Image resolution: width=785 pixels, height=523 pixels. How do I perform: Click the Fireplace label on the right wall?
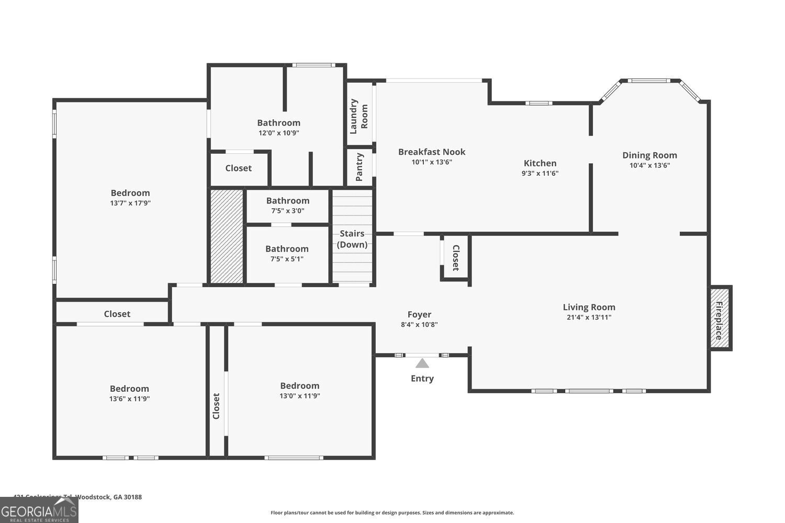point(720,320)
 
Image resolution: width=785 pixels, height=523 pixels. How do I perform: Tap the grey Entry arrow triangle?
point(422,363)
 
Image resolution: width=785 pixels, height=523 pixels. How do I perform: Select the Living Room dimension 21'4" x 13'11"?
point(589,317)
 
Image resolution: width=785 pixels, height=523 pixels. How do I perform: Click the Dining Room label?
point(649,155)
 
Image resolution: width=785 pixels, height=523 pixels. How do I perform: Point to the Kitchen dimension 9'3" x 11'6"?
point(540,173)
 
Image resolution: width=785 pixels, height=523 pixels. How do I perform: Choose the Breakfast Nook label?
point(432,152)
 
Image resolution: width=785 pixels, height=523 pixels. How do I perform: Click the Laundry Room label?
point(359,116)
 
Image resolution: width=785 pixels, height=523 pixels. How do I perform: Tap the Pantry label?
point(360,167)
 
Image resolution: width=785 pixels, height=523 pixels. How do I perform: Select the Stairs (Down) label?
point(352,239)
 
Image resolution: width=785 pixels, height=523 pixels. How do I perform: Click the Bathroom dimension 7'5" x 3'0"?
point(287,211)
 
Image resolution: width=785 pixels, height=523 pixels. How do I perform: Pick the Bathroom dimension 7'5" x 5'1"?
point(287,259)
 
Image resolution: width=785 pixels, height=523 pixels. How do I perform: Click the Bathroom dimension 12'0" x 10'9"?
point(278,133)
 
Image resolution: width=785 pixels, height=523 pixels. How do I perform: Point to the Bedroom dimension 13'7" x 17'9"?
point(130,203)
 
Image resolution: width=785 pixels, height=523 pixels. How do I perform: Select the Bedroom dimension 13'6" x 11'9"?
point(129,399)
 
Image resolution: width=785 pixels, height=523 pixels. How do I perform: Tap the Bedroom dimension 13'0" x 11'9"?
point(299,396)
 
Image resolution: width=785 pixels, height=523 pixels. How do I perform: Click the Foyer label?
point(419,314)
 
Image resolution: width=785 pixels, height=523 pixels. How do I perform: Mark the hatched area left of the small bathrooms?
point(227,236)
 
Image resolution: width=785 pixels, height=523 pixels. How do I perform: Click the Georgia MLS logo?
point(39,510)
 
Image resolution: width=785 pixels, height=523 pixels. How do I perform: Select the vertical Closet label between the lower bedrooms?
point(216,406)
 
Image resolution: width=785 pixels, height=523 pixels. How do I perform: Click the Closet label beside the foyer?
point(455,257)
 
